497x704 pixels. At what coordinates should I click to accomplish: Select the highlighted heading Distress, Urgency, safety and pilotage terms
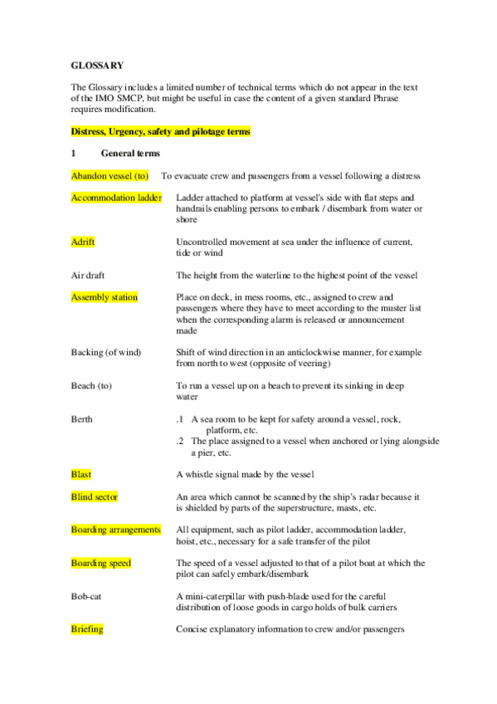coord(160,132)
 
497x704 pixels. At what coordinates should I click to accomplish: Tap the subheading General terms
coord(130,154)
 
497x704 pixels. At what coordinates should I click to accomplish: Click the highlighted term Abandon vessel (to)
coord(110,176)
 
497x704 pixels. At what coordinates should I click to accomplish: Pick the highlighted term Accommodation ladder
coord(116,198)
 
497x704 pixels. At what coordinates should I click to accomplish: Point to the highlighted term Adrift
coord(83,242)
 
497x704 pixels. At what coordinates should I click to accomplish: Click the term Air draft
coord(88,275)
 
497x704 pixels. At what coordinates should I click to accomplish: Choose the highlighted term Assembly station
coord(105,297)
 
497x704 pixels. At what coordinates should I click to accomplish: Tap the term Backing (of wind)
coord(106,352)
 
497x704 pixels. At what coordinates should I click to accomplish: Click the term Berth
coord(81,419)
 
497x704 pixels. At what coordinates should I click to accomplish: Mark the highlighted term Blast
coord(81,475)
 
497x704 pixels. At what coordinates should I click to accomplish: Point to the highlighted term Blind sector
coord(95,496)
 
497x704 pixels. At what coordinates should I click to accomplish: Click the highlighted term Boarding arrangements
coord(115,530)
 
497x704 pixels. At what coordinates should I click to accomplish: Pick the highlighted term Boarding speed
coord(101,563)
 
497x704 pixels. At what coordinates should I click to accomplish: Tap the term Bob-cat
coord(87,596)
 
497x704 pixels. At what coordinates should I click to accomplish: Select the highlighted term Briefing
coord(87,629)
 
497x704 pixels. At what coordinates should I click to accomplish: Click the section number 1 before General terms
coord(74,154)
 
